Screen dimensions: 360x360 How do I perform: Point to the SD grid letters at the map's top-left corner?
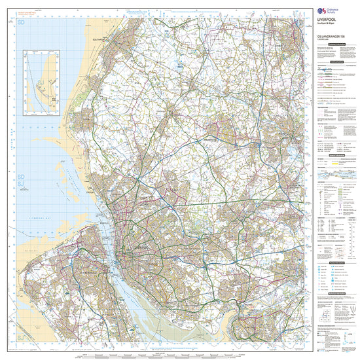coord(22,23)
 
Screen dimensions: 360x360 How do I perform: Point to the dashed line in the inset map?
coord(39,92)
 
